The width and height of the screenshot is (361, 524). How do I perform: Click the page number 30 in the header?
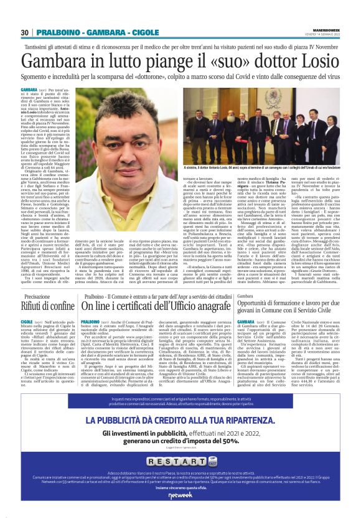(x=25, y=32)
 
